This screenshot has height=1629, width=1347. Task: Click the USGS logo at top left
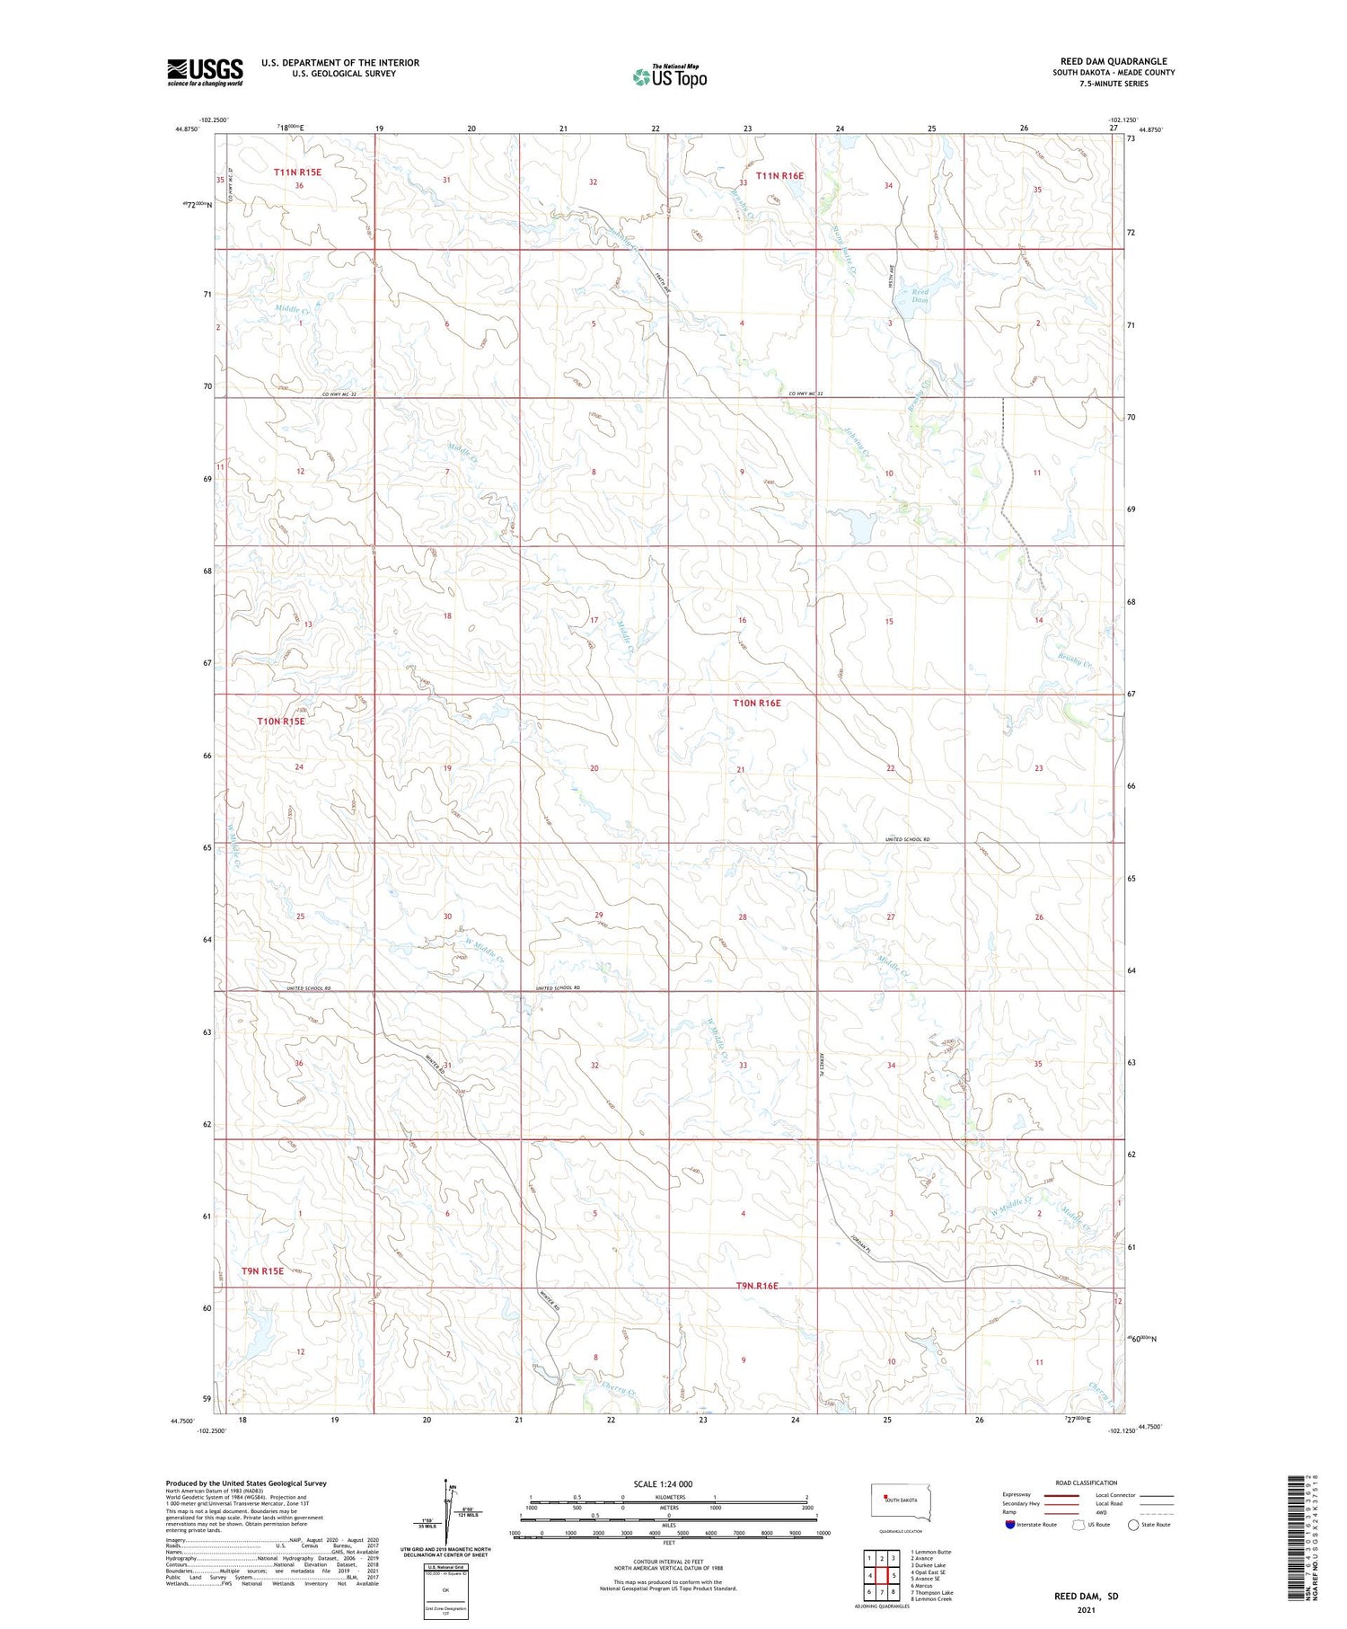click(205, 72)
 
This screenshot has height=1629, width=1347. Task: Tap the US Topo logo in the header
click(669, 77)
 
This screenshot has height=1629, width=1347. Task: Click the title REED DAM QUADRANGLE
click(1114, 61)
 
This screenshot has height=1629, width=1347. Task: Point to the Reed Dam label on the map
click(920, 296)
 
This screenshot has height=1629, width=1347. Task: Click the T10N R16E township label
click(756, 704)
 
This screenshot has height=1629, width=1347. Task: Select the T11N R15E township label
click(297, 172)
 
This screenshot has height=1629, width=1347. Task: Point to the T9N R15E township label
click(262, 1270)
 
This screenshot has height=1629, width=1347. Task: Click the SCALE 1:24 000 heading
click(663, 1483)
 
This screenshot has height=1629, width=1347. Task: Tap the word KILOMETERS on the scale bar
click(669, 1497)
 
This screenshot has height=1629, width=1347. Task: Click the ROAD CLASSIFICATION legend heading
click(1086, 1483)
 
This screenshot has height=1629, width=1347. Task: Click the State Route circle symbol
click(1133, 1524)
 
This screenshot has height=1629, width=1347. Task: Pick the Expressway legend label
click(1017, 1494)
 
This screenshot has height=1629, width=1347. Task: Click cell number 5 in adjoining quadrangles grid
click(894, 1576)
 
